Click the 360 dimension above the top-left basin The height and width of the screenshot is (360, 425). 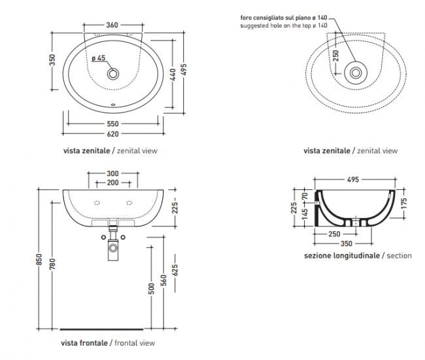coord(112,25)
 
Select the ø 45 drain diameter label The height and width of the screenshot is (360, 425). coord(98,58)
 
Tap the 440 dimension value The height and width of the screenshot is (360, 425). coord(173,75)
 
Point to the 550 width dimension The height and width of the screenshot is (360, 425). coord(112,124)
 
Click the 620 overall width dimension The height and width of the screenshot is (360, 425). coord(112,134)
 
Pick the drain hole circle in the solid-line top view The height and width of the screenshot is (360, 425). coord(114,73)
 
